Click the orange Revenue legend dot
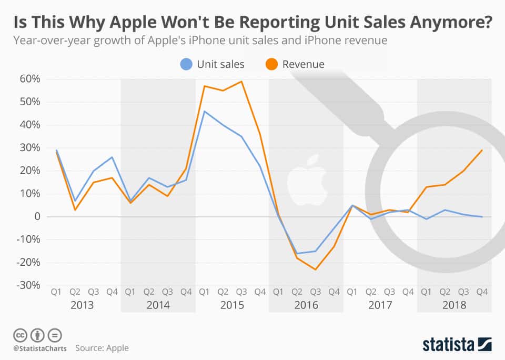[271, 64]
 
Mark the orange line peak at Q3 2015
[241, 82]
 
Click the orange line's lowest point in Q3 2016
[315, 269]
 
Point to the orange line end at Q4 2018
[482, 150]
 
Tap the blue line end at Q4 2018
[482, 216]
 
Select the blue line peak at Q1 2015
[204, 111]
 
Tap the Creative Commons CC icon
[21, 335]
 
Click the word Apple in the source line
[117, 348]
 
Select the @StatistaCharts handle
[39, 348]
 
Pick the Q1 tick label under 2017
[352, 291]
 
